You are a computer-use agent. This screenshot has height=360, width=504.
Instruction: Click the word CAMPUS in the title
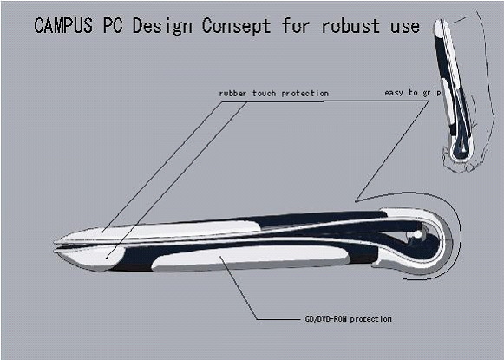coord(63,25)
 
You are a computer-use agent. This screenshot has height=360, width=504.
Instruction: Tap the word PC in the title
coord(113,25)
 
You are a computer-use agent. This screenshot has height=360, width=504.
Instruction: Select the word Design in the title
coord(162,26)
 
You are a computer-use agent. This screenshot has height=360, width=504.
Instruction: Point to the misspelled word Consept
coord(236,26)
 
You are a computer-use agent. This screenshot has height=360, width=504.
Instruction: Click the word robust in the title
coord(350,26)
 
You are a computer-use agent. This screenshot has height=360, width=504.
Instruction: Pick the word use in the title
coord(405,27)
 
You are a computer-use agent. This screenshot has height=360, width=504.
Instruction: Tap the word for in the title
coord(296,25)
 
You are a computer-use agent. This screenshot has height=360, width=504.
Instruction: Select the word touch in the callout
coord(264,94)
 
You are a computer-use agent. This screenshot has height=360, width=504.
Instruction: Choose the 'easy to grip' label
coord(413,93)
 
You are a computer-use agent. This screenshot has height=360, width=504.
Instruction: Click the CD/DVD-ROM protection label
coord(348,319)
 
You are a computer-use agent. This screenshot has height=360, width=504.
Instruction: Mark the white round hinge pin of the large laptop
coord(417,234)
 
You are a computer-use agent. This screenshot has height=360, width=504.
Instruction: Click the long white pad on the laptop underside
coord(250,259)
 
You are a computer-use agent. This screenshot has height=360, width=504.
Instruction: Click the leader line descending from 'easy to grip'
coord(392,152)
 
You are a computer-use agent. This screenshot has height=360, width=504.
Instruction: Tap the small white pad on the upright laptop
coord(447,101)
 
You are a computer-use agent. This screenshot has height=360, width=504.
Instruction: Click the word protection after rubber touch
coord(305,94)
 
